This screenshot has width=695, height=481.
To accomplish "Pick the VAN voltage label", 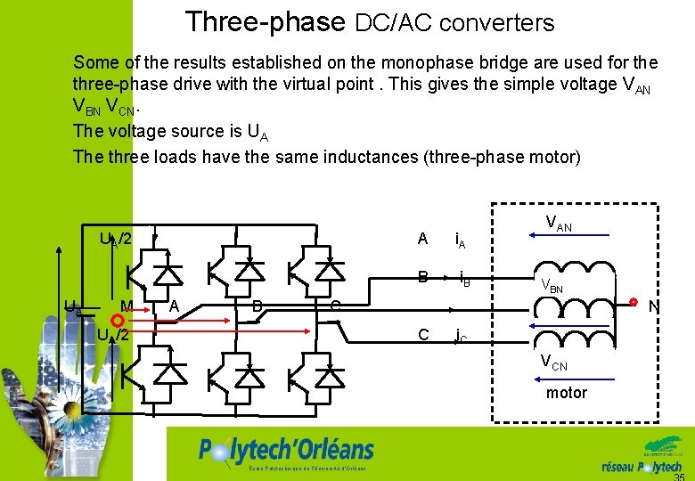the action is click(558, 224).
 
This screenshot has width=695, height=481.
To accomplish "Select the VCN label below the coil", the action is click(555, 363).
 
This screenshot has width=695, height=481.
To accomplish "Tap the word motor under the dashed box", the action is click(567, 393).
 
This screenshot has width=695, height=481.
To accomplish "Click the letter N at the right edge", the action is click(653, 307).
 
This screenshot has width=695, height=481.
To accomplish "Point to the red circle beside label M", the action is click(116, 319).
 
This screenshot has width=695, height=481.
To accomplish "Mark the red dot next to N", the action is click(634, 301).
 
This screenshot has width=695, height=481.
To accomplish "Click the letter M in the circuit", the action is click(127, 306).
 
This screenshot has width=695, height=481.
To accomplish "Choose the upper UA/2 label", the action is click(116, 239).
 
